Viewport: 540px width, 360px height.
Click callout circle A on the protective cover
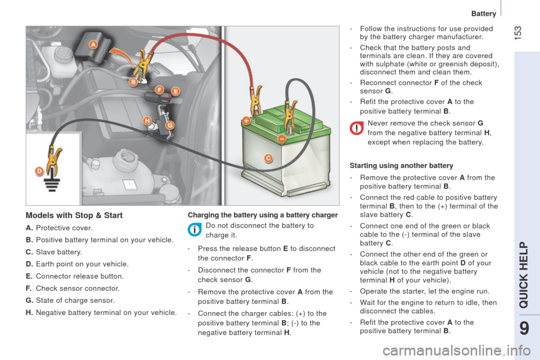tap(94, 44)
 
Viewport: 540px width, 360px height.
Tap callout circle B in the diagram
tap(133, 82)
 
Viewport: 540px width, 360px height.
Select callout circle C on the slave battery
tap(268, 158)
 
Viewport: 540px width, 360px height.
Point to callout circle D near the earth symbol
tap(39, 171)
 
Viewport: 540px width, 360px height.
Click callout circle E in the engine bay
tap(175, 92)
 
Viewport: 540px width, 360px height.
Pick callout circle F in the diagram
tap(159, 90)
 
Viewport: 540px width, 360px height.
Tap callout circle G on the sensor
tap(170, 125)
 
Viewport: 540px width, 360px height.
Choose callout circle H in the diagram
tap(147, 120)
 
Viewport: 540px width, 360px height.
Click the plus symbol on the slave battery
tap(246, 120)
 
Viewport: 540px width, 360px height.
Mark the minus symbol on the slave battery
tap(282, 139)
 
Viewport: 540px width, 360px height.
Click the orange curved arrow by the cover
tap(121, 55)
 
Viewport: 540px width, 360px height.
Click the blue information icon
tap(195, 229)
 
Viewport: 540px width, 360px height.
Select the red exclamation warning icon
tap(357, 128)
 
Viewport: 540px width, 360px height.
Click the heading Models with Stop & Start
tap(74, 215)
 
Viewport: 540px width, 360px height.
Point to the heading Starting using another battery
tap(401, 166)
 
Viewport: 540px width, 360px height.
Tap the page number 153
tap(517, 33)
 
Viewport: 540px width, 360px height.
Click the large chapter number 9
tap(524, 328)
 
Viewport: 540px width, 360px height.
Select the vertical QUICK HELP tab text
tap(524, 274)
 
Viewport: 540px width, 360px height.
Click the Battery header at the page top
tap(484, 13)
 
